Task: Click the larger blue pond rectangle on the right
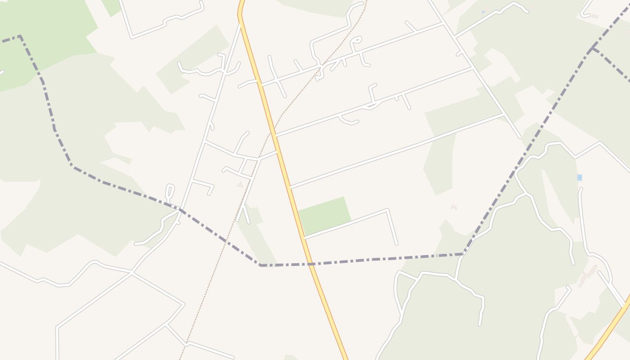pyautogui.click(x=580, y=177)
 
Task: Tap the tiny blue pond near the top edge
pyautogui.click(x=483, y=12)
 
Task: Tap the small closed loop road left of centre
pyautogui.click(x=170, y=191)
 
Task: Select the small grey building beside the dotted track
pyautogui.click(x=240, y=184)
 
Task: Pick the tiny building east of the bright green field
pyautogui.click(x=454, y=207)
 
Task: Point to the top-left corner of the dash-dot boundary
pyautogui.click(x=20, y=36)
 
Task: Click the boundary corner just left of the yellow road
pyautogui.click(x=261, y=265)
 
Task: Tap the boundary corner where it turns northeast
pyautogui.click(x=463, y=254)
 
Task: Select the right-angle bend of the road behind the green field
pyautogui.click(x=387, y=210)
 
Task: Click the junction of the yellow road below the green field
pyautogui.click(x=305, y=237)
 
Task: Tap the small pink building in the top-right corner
pyautogui.click(x=594, y=17)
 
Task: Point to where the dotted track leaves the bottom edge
pyautogui.click(x=180, y=359)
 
